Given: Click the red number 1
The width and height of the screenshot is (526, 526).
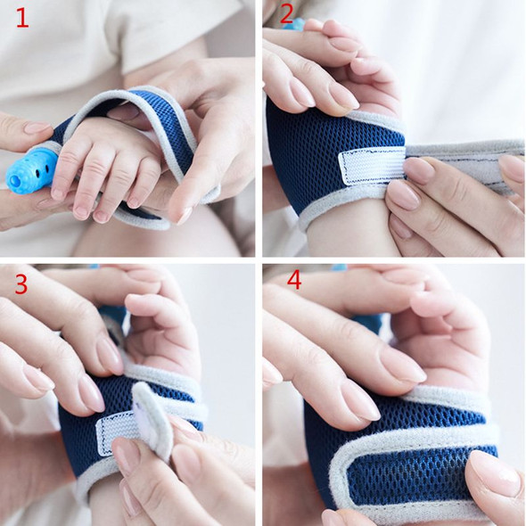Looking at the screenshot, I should pyautogui.click(x=21, y=17).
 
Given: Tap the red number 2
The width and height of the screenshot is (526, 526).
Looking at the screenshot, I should pyautogui.click(x=286, y=14).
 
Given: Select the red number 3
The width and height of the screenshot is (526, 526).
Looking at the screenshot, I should pyautogui.click(x=21, y=284).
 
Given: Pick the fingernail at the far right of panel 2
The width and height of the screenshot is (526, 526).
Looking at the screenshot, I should pyautogui.click(x=512, y=166).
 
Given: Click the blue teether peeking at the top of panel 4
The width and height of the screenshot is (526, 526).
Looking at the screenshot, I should pyautogui.click(x=340, y=267).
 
